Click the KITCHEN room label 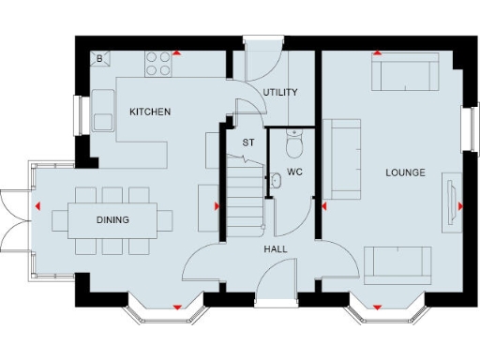pos(150,112)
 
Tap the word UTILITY pos(280,92)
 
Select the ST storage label pos(248,142)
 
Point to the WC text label pos(294,172)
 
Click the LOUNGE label pos(405,172)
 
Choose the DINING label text pos(112,220)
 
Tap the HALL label pos(276,248)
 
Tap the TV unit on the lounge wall pos(448,199)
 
